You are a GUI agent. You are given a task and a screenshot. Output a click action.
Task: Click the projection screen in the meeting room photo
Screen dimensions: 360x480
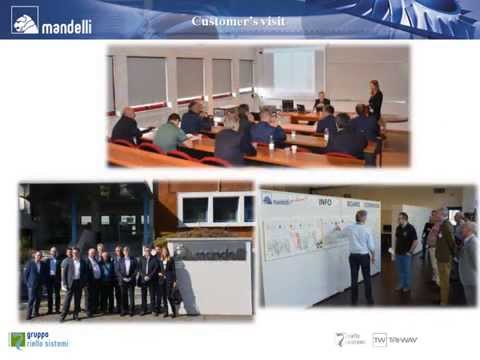(x=294, y=69)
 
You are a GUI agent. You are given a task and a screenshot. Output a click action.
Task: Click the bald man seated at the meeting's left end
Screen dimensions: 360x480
(x=127, y=127)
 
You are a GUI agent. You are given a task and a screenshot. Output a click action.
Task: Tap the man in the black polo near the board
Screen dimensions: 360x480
(x=405, y=250)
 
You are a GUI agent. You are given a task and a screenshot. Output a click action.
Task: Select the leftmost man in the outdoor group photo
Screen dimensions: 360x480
(x=33, y=281)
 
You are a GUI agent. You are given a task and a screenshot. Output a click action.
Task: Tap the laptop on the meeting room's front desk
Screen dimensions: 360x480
(x=287, y=104)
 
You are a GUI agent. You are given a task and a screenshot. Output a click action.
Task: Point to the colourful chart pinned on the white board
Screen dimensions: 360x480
(x=290, y=239)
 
